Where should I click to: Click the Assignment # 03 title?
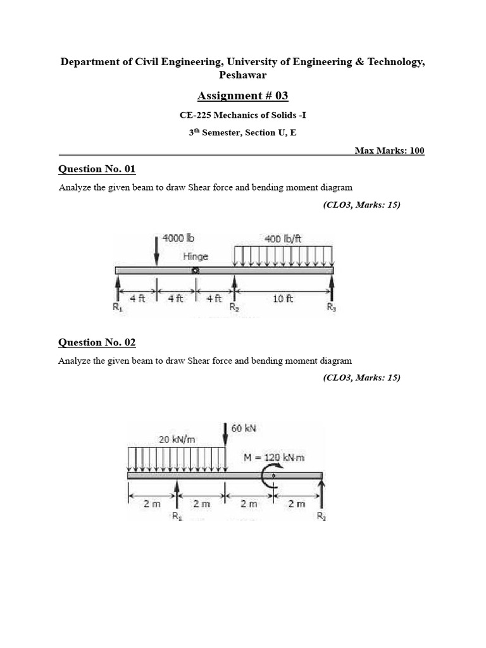point(242,96)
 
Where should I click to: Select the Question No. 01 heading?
point(97,169)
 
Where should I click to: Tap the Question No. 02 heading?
point(97,342)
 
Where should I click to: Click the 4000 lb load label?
point(178,239)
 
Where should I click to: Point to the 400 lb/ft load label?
point(283,239)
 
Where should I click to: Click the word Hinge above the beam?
point(195,256)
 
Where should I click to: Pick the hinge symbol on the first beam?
point(196,271)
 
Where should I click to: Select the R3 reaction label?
point(332,308)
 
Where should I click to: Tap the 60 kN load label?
point(244,428)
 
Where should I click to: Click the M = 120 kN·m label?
point(274,457)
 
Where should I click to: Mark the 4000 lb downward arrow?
point(156,250)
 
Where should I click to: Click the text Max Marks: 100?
point(389,151)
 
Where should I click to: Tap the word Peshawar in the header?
point(242,75)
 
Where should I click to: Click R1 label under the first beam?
point(116,308)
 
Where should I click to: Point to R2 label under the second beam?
point(321,516)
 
